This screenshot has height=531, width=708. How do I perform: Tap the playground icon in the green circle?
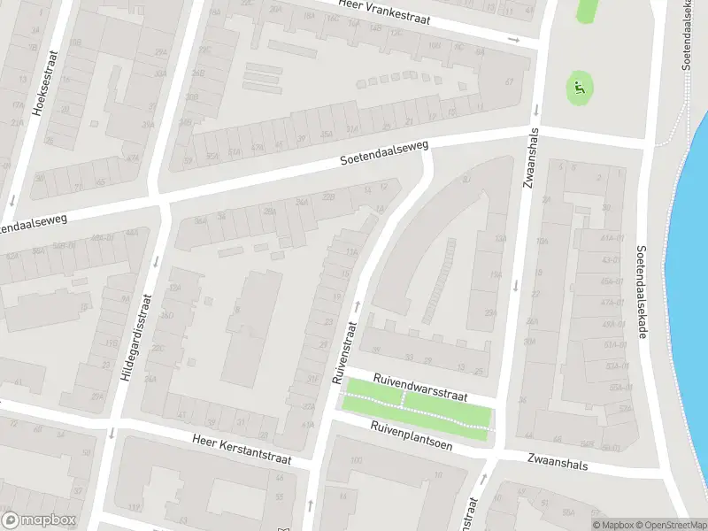click(580, 87)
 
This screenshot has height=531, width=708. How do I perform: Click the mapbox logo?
click(39, 519)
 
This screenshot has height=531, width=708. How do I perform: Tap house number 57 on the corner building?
click(509, 82)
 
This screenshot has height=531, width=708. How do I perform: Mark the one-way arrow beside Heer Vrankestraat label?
click(513, 39)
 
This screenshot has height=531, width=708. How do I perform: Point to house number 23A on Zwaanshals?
click(490, 312)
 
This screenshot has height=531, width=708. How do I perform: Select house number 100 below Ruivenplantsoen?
click(357, 461)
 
